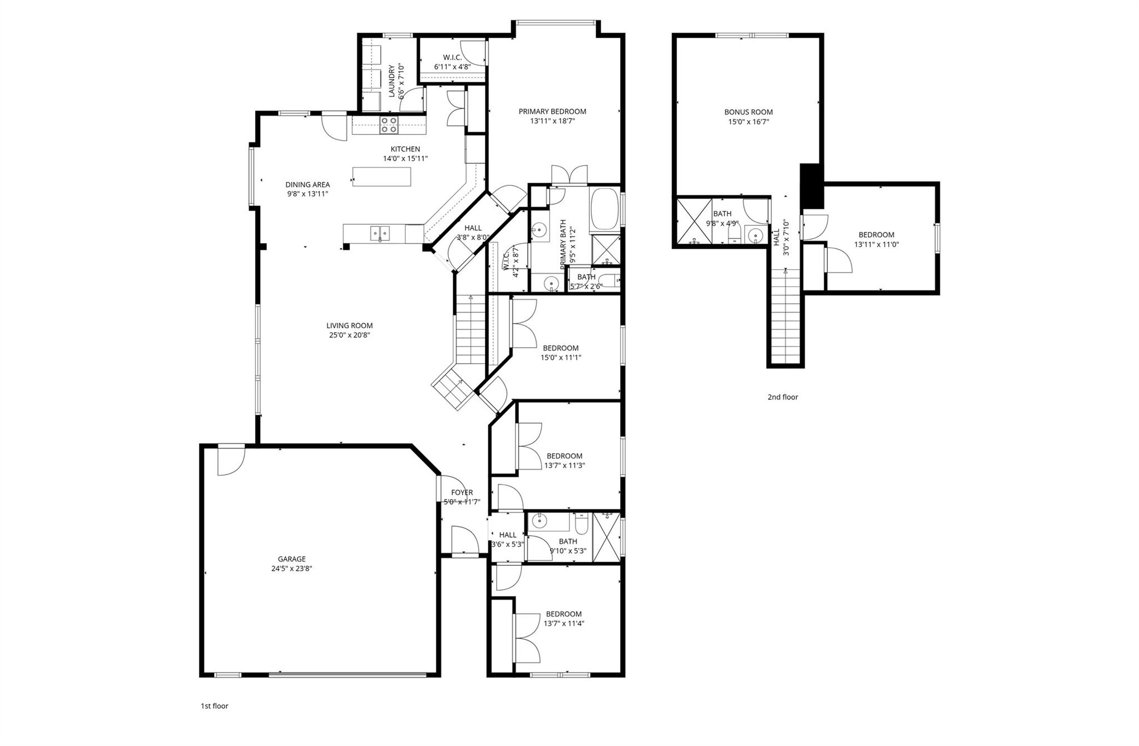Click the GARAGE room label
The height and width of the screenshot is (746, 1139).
pyautogui.click(x=292, y=559)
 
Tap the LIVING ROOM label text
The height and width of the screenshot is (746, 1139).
pyautogui.click(x=349, y=325)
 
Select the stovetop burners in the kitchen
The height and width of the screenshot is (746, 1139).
pyautogui.click(x=389, y=125)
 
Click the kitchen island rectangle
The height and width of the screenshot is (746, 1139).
pyautogui.click(x=382, y=176)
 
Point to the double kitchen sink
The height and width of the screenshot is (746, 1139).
pyautogui.click(x=380, y=233)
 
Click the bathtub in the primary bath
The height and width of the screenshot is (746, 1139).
pyautogui.click(x=605, y=209)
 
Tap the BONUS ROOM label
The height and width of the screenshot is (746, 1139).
pyautogui.click(x=749, y=112)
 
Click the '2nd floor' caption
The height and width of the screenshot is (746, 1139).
pyautogui.click(x=783, y=397)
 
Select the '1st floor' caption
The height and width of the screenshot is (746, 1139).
pyautogui.click(x=214, y=706)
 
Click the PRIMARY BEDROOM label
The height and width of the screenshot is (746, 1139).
pyautogui.click(x=552, y=111)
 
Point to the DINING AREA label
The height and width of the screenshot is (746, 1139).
pyautogui.click(x=308, y=185)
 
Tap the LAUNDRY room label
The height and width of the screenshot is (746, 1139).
pyautogui.click(x=392, y=81)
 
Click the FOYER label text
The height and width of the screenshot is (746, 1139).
pyautogui.click(x=462, y=492)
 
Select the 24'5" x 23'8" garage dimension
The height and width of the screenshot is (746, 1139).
pyautogui.click(x=292, y=569)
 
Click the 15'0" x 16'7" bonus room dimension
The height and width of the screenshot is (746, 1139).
pyautogui.click(x=749, y=122)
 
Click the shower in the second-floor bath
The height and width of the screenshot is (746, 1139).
pyautogui.click(x=694, y=221)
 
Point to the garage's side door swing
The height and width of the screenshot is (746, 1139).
pyautogui.click(x=231, y=460)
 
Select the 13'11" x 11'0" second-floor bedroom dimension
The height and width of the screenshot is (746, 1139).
pyautogui.click(x=876, y=244)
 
